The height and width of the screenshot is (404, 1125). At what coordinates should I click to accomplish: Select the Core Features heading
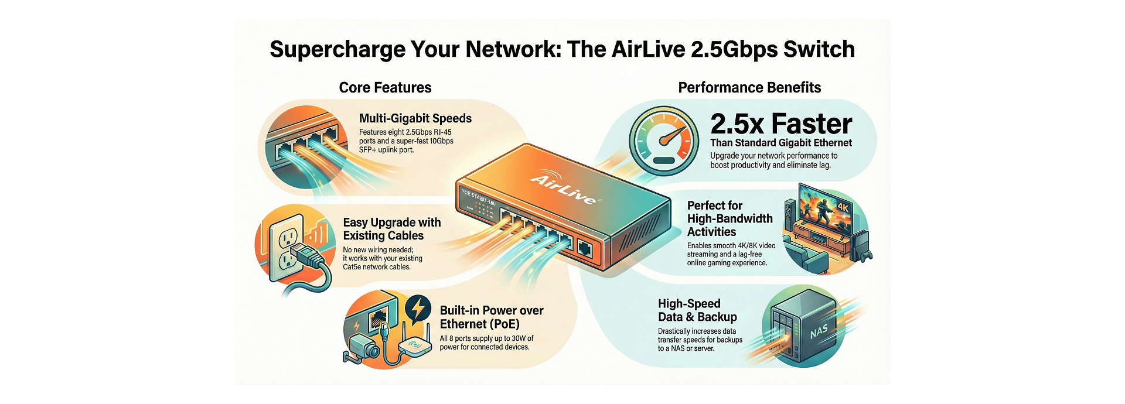click(385, 88)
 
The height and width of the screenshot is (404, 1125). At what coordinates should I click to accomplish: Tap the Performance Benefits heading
click(749, 88)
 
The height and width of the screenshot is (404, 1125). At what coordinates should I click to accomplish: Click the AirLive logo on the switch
click(564, 188)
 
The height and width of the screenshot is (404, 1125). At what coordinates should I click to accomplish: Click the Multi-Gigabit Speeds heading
click(415, 118)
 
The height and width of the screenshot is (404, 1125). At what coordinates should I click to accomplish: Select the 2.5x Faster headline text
click(781, 124)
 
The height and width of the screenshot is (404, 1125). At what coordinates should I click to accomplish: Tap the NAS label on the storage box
click(819, 331)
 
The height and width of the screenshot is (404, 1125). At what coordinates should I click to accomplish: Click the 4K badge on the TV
click(843, 207)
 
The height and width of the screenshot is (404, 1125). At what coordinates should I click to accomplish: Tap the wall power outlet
click(287, 246)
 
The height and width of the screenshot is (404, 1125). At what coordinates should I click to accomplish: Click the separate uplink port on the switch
click(585, 248)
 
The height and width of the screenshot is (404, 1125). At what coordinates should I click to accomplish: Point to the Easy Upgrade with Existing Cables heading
click(391, 229)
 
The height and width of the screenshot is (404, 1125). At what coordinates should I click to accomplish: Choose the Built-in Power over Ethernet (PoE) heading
click(491, 317)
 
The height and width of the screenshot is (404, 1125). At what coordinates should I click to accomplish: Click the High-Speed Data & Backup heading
click(697, 310)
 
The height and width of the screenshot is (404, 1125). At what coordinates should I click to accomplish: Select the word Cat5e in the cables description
click(353, 267)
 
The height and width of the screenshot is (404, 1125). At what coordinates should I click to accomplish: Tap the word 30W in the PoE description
click(519, 338)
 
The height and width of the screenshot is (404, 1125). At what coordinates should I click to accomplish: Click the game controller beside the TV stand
click(867, 255)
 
